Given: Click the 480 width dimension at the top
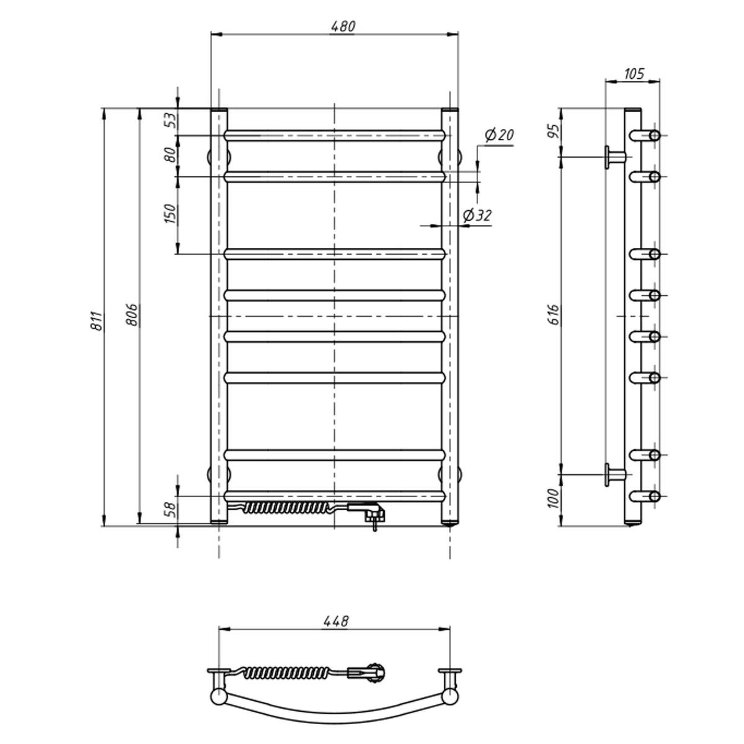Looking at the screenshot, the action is click(342, 27).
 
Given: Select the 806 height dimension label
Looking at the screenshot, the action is click(133, 315).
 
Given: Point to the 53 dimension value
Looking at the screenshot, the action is click(171, 120).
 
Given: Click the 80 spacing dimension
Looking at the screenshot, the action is click(171, 155).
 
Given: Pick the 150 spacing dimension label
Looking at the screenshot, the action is click(170, 215).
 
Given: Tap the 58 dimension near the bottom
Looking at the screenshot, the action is click(171, 511).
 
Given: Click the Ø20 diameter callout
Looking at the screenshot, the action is click(499, 136).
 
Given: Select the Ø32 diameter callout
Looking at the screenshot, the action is click(477, 215).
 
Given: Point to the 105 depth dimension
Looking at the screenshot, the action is click(634, 74).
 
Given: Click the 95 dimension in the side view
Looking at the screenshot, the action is click(554, 131).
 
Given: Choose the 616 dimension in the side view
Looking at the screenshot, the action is click(554, 315).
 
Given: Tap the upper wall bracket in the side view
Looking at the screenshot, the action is click(615, 157).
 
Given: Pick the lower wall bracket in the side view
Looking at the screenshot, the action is click(615, 474).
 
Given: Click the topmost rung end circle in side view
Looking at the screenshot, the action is click(655, 136).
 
